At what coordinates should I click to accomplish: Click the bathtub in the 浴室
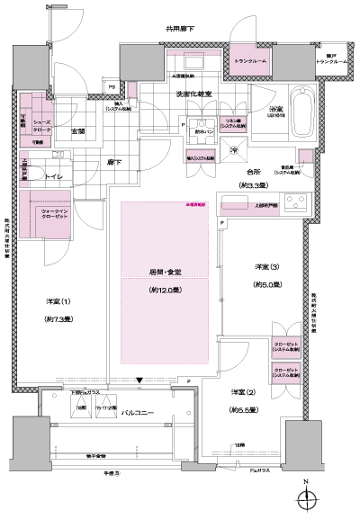[300, 113]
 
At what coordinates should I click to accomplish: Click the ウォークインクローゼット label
[43, 214]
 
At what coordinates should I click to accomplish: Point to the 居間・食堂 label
[166, 272]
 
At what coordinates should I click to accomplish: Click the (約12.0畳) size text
[166, 291]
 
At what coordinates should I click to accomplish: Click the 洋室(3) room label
[265, 268]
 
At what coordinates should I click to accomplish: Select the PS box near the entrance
[111, 86]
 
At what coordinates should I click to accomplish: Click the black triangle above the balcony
[139, 380]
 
